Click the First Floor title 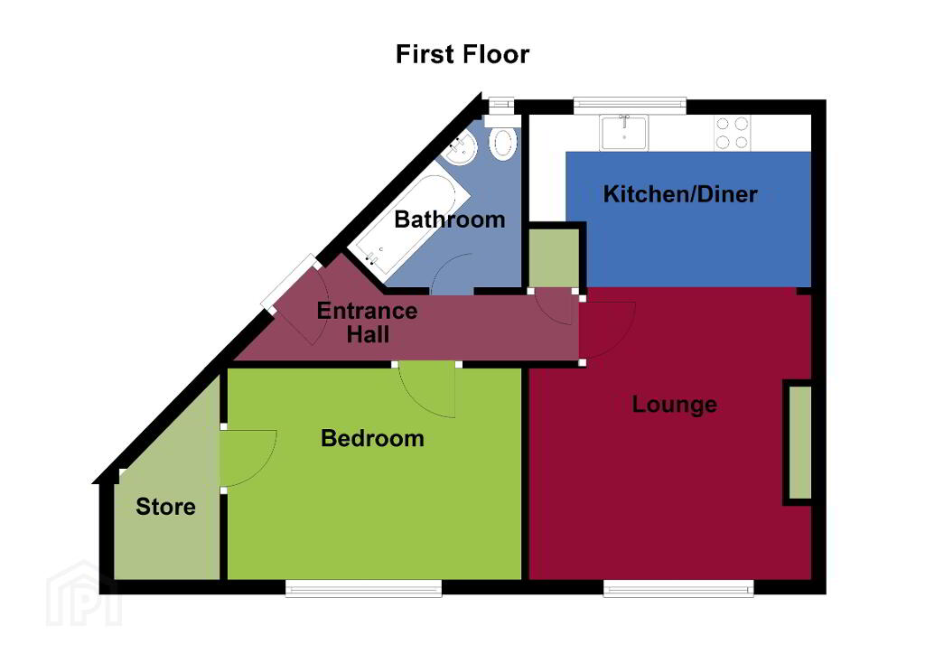[x=462, y=54]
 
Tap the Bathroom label [x=450, y=219]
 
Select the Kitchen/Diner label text [x=680, y=194]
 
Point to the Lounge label [x=674, y=405]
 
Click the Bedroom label [x=372, y=438]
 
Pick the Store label [x=165, y=507]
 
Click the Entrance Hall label [x=367, y=322]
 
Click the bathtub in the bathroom [x=407, y=218]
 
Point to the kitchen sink [x=623, y=132]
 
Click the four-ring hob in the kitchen [x=732, y=133]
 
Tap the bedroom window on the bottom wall [x=363, y=588]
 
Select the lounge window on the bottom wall [x=678, y=588]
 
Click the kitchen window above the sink [x=630, y=106]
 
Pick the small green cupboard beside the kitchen [x=554, y=258]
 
